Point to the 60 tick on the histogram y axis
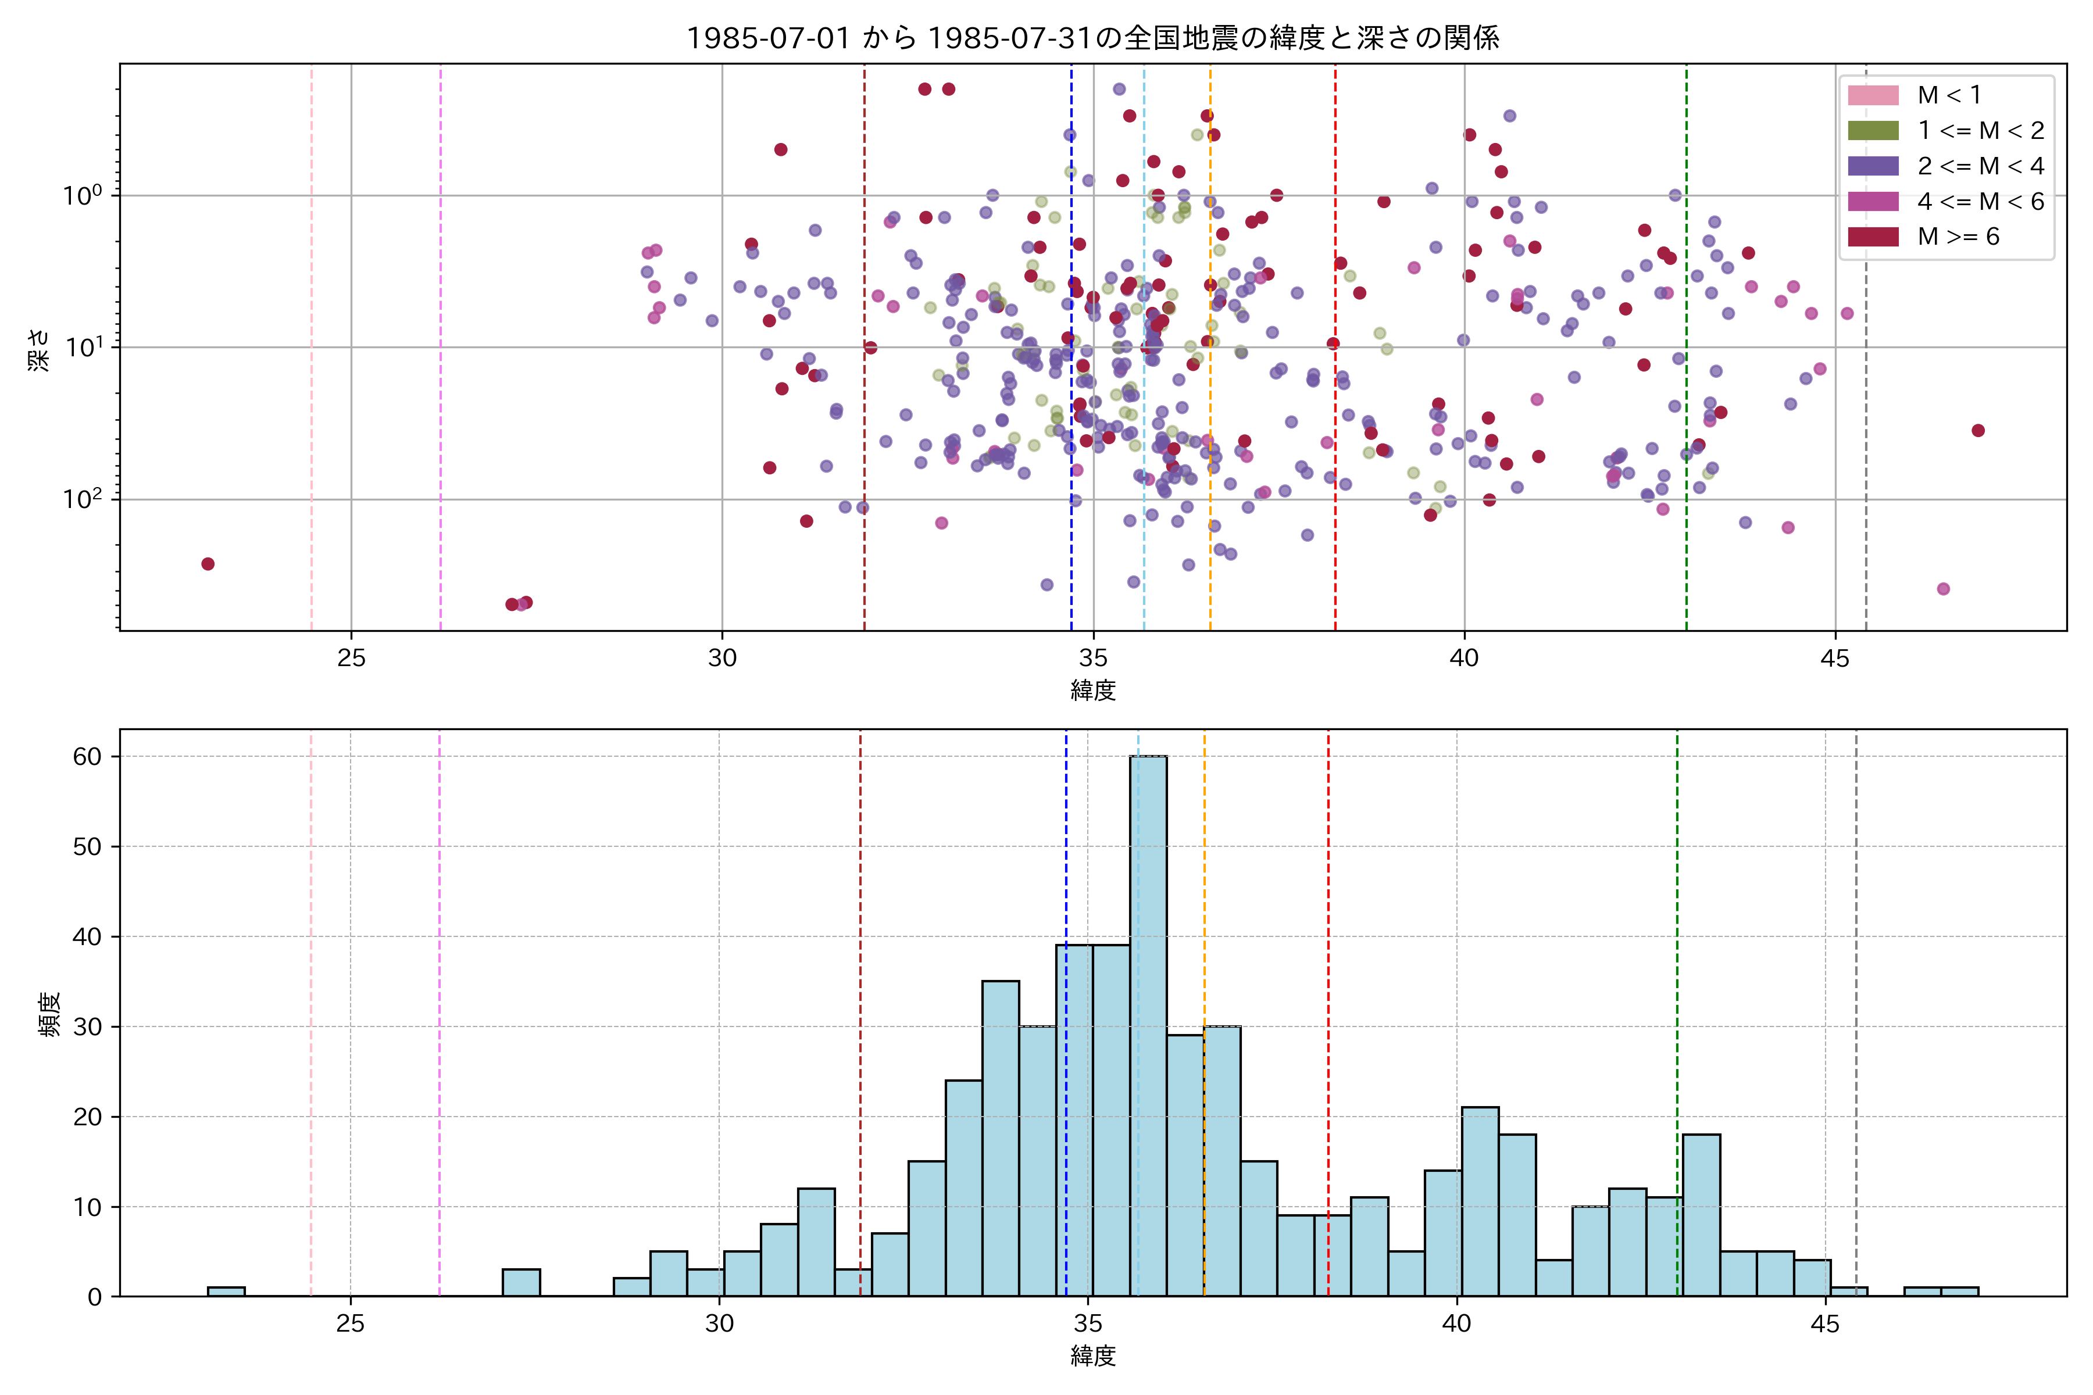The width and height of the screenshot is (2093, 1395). [87, 756]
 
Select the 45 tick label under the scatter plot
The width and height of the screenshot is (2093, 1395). [1834, 659]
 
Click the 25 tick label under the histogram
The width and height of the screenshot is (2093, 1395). [351, 1324]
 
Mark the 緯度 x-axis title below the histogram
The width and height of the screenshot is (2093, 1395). [1093, 1357]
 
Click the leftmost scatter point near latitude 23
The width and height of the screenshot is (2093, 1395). [208, 564]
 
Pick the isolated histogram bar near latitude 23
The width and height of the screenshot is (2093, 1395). [226, 1291]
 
